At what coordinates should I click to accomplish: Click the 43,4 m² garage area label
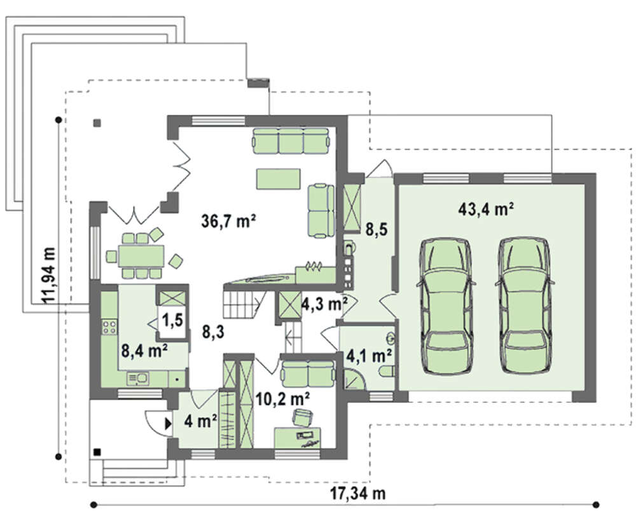click(x=487, y=209)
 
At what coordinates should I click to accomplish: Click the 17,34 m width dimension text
click(x=357, y=493)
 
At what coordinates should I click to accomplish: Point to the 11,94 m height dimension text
click(x=49, y=275)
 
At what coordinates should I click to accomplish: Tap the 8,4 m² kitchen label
click(x=145, y=350)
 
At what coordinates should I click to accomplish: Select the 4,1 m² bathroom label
click(x=369, y=356)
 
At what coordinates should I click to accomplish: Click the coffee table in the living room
click(x=278, y=179)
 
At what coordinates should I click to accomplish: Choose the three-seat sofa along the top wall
click(x=291, y=141)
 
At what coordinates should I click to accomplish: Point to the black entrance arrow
click(x=168, y=424)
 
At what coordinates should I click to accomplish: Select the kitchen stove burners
click(x=109, y=327)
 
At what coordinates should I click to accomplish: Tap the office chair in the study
click(x=303, y=417)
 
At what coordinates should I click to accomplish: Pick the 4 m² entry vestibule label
click(x=200, y=421)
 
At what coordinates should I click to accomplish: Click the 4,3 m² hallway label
click(x=325, y=303)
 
